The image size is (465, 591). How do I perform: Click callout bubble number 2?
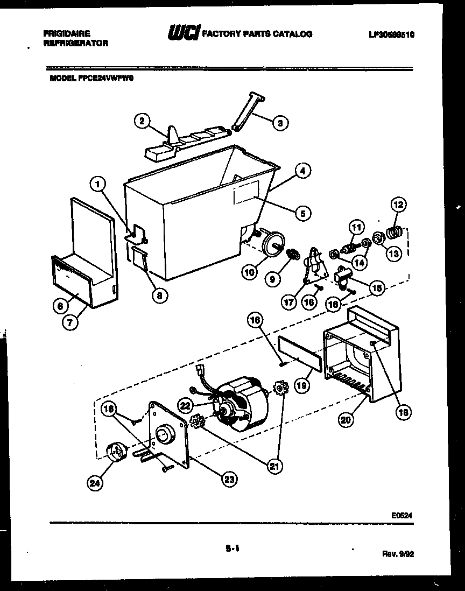coord(142,122)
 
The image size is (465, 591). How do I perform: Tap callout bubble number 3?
coord(278,123)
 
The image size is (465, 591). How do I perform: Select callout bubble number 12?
coord(399,205)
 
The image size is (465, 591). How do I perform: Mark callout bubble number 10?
coord(249,272)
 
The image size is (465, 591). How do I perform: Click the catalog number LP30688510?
coord(391,34)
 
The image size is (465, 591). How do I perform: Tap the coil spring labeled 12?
coord(395,232)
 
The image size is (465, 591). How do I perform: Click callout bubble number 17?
coord(289,302)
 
